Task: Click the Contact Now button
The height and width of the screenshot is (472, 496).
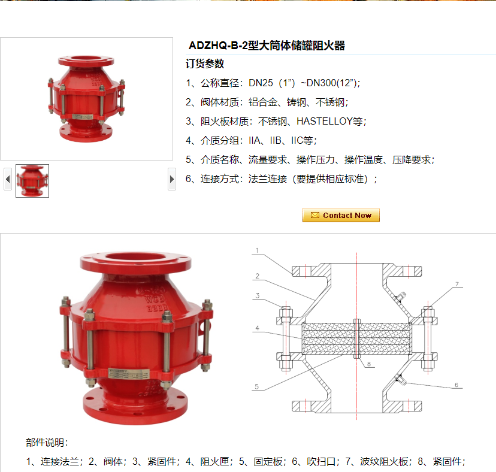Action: click(x=341, y=215)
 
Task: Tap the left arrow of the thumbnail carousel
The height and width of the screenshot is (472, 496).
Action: click(x=8, y=179)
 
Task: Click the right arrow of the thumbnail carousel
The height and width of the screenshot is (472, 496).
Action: click(x=172, y=179)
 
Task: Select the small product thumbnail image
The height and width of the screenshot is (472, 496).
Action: click(x=32, y=181)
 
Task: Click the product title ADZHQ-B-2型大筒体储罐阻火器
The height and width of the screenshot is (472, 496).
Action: click(x=267, y=46)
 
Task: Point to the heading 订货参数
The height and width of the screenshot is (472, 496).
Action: click(x=205, y=63)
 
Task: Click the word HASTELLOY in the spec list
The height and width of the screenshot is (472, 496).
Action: click(x=325, y=121)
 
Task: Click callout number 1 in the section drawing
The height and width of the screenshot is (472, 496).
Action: click(x=257, y=250)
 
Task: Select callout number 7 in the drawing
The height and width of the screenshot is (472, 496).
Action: click(x=457, y=284)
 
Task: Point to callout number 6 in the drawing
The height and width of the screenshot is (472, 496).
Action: click(x=456, y=385)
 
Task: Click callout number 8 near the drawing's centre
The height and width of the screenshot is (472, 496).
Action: click(x=369, y=364)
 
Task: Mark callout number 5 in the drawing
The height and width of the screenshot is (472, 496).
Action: click(x=256, y=386)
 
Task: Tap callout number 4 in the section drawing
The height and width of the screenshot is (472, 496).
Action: click(x=257, y=328)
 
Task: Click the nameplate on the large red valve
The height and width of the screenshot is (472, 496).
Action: click(x=129, y=374)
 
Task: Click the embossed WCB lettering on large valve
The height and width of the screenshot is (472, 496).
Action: click(x=155, y=299)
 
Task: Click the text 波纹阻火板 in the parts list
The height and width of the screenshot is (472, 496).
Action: click(x=384, y=462)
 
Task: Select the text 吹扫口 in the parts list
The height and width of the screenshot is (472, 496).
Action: click(x=321, y=462)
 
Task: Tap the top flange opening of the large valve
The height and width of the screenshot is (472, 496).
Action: click(x=135, y=257)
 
